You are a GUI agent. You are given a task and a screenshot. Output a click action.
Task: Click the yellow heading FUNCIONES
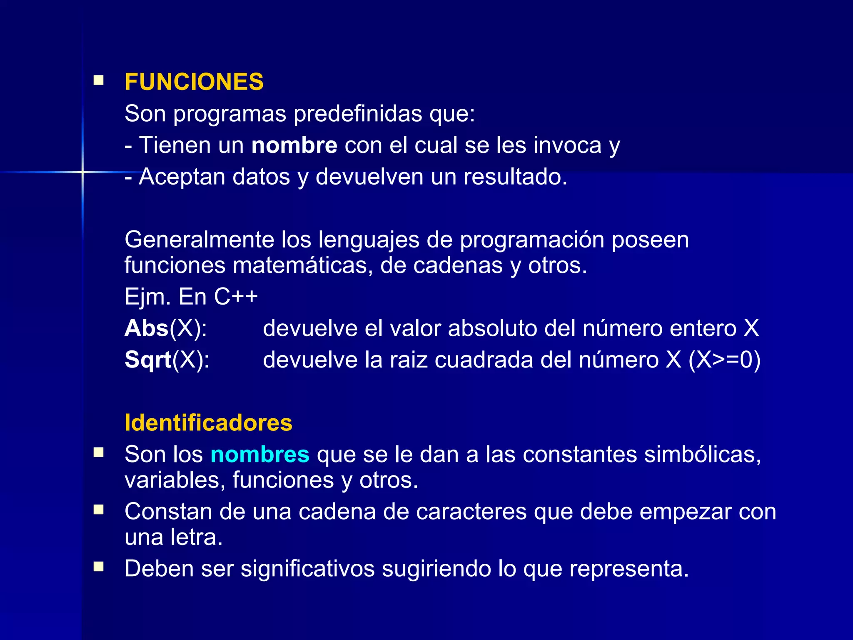194,82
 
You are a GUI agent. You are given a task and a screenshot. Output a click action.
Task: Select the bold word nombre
294,145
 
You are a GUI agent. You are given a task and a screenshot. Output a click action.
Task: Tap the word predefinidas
358,114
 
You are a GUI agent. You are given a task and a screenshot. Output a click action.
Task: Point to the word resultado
515,177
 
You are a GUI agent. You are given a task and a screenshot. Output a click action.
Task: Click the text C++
236,297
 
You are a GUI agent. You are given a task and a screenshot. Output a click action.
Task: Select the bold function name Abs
147,328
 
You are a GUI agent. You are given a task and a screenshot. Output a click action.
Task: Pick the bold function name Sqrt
148,360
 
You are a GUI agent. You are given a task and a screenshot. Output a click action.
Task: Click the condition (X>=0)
724,360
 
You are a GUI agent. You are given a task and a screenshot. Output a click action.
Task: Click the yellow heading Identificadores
208,423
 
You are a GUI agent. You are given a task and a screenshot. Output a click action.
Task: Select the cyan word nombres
260,454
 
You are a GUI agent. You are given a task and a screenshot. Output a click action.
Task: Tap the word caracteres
471,512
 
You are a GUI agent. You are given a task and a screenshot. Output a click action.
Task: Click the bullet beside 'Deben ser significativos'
99,567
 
